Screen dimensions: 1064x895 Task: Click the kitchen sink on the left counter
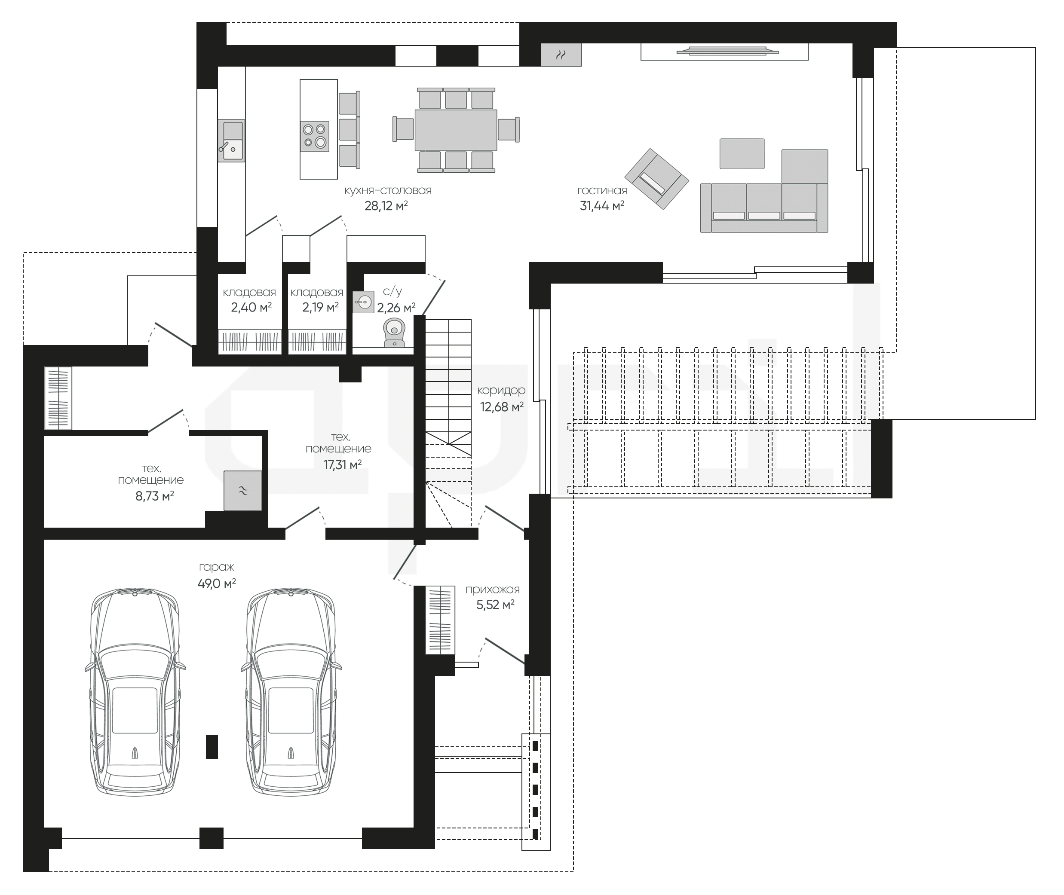pyautogui.click(x=231, y=141)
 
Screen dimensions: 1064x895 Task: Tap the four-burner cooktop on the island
pyautogui.click(x=315, y=136)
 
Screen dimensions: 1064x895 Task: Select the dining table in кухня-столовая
pyautogui.click(x=456, y=130)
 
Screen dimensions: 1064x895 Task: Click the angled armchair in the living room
pyautogui.click(x=657, y=179)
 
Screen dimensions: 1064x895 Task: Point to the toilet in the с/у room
pyautogui.click(x=394, y=333)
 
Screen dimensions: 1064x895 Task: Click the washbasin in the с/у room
pyautogui.click(x=363, y=302)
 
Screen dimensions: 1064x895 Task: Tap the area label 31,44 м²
pyautogui.click(x=602, y=205)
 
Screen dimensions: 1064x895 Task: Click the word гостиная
pyautogui.click(x=602, y=191)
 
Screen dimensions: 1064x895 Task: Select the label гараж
pyautogui.click(x=217, y=568)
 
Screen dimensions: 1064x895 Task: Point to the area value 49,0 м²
pyautogui.click(x=217, y=583)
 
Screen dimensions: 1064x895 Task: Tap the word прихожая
pyautogui.click(x=492, y=590)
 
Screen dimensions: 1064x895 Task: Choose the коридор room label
pyautogui.click(x=501, y=391)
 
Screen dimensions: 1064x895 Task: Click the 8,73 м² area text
pyautogui.click(x=155, y=496)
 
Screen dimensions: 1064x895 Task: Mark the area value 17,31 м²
pyautogui.click(x=343, y=465)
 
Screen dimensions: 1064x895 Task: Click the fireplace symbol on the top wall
pyautogui.click(x=561, y=55)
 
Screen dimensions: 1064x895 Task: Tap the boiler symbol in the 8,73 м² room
pyautogui.click(x=243, y=491)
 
